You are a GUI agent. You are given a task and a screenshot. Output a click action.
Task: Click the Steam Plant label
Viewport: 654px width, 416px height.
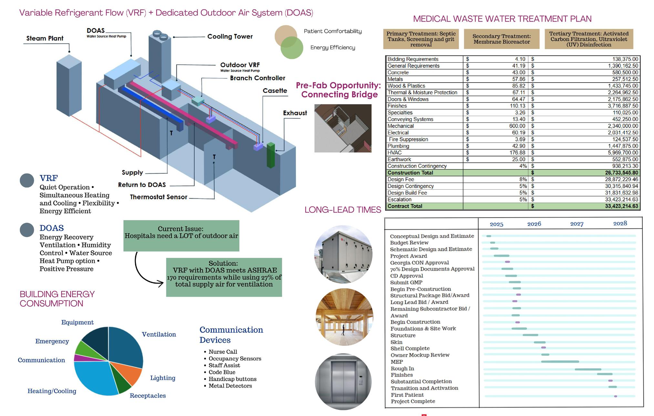coord(45,38)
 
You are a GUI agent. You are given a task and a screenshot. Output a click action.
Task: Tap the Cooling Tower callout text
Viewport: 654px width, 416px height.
coord(230,36)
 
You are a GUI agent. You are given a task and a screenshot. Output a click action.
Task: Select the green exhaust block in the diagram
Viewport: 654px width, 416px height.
coord(271,155)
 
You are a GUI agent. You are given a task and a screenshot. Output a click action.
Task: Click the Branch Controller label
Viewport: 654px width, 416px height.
coord(258,78)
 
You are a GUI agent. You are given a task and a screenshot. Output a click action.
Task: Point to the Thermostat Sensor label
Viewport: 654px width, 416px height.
coord(158,197)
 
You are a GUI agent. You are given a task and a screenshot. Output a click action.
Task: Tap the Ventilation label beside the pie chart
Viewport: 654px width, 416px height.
coord(159,334)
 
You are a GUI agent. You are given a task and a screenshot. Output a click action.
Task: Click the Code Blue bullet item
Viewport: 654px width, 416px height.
coord(222,372)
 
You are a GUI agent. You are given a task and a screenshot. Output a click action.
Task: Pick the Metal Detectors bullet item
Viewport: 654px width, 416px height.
coord(230,386)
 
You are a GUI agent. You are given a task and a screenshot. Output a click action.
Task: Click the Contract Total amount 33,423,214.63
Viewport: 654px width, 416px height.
coord(621,206)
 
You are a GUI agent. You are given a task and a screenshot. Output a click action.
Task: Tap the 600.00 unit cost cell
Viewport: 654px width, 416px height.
coord(517,126)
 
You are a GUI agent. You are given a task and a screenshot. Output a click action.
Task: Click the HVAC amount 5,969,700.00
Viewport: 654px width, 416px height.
coord(623,153)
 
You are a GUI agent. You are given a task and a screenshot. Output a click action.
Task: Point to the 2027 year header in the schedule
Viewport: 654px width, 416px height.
coord(577,224)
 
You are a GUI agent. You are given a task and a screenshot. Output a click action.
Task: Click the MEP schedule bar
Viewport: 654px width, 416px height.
coord(560,362)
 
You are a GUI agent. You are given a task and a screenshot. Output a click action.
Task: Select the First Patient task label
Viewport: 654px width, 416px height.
coord(407,395)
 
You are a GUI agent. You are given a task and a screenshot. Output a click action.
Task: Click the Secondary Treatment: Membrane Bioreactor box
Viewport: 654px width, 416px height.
coord(502,39)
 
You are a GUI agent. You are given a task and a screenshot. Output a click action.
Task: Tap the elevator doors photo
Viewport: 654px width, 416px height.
coord(343,382)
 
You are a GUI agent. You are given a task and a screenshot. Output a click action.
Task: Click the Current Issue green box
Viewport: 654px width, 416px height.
coord(181,236)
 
